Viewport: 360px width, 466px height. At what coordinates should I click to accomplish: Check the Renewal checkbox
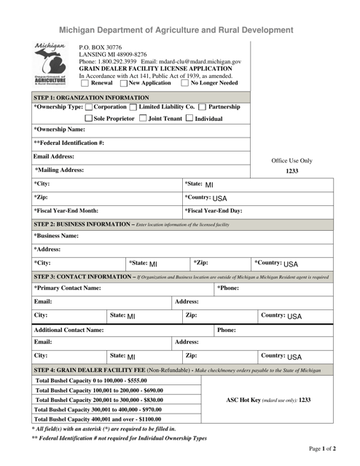[85, 83]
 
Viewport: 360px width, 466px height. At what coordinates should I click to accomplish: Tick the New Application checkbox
[123, 83]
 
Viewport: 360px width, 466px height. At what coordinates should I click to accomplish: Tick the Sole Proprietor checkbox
[89, 119]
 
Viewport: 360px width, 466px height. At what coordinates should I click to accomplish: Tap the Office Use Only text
[291, 160]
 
